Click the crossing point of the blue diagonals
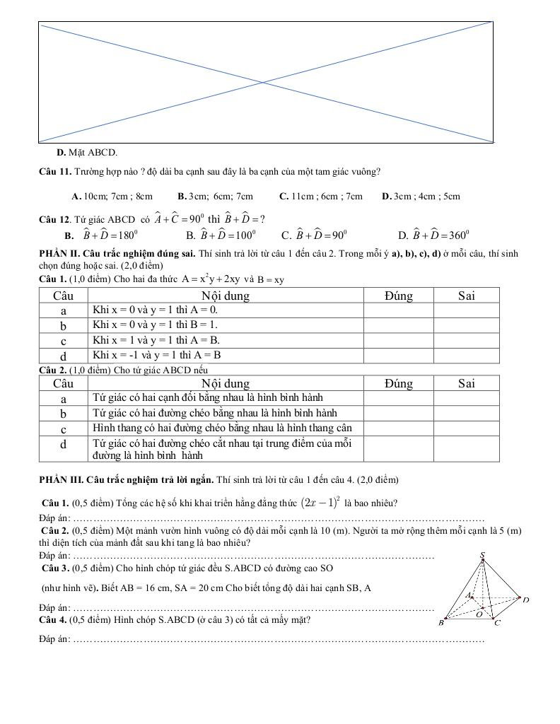(265, 83)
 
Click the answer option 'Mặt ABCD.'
(87, 152)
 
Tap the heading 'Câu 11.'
(54, 171)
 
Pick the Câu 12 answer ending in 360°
(434, 235)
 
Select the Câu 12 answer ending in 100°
(221, 235)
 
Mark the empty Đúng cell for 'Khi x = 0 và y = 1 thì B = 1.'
(399, 325)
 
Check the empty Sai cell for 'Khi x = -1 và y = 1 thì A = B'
(466, 355)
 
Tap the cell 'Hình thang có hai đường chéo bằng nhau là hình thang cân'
(221, 428)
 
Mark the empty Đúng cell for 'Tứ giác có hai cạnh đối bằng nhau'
(399, 398)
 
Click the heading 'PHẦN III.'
(64, 480)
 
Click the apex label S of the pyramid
(483, 556)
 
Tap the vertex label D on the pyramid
(526, 600)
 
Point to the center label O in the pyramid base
(478, 614)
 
